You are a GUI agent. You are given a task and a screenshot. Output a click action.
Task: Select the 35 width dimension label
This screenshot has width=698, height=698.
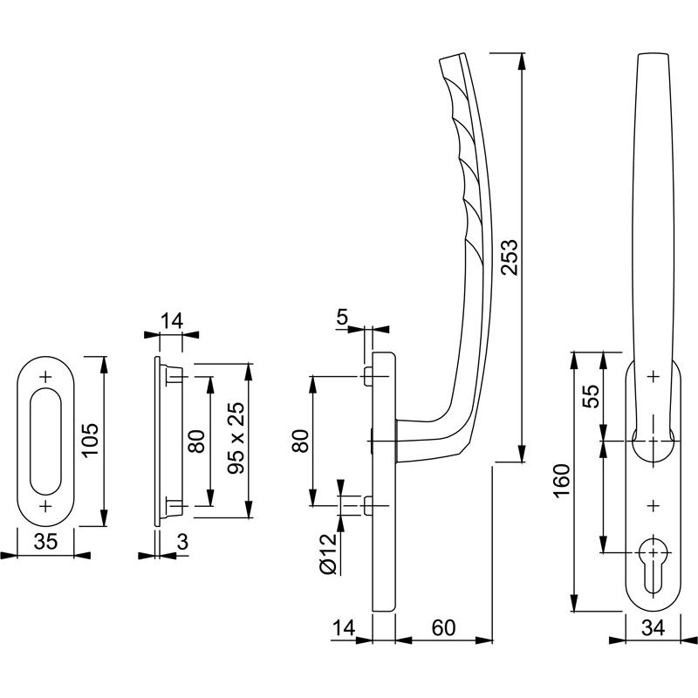(x=45, y=542)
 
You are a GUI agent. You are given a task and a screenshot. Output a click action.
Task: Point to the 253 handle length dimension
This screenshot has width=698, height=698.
(x=510, y=257)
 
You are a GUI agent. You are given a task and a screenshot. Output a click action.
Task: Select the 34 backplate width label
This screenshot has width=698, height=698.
(x=654, y=627)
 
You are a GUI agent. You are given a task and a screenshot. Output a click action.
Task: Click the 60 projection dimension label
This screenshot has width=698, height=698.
(x=444, y=627)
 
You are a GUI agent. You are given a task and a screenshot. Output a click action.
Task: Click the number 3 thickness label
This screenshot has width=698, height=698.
(x=181, y=542)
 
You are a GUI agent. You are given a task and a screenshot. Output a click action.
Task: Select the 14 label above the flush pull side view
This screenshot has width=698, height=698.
(x=170, y=321)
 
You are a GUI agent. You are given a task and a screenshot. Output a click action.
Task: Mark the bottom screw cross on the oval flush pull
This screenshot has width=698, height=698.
(x=45, y=507)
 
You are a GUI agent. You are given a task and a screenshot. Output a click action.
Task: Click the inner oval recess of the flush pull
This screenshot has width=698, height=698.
(x=45, y=441)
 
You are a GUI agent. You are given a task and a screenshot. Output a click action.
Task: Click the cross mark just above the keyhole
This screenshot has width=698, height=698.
(x=654, y=505)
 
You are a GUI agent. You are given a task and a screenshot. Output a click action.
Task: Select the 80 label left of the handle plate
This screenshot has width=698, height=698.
(x=299, y=441)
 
